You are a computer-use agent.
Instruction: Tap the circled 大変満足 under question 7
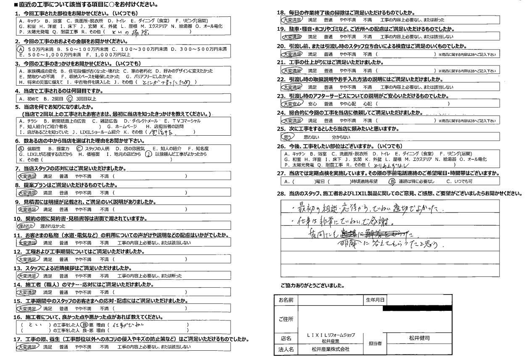[28, 176]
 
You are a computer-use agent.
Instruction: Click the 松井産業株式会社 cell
[331, 349]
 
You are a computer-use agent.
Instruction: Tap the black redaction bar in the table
[418, 308]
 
